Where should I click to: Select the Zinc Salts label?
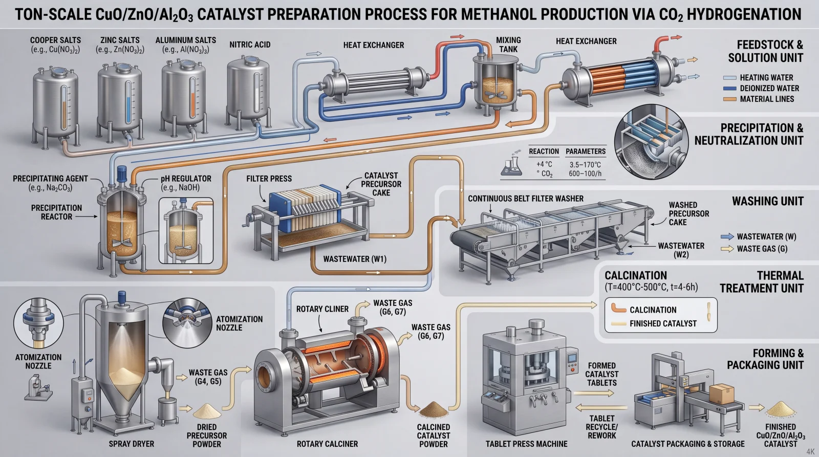click(x=120, y=45)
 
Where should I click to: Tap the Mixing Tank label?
click(x=508, y=45)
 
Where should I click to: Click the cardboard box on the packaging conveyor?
click(x=721, y=394)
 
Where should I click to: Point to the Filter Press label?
click(x=269, y=179)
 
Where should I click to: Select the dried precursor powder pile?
click(x=207, y=411)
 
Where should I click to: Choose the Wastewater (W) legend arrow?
click(x=727, y=236)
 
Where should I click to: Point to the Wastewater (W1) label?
click(x=355, y=259)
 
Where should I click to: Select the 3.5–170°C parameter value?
click(x=585, y=165)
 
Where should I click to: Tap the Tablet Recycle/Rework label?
click(x=602, y=427)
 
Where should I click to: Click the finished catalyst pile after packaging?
click(x=780, y=409)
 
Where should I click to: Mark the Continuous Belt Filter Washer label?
click(x=526, y=199)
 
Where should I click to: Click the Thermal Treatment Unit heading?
click(x=762, y=282)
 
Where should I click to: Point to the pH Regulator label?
click(x=186, y=183)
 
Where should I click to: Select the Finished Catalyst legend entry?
click(x=662, y=323)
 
